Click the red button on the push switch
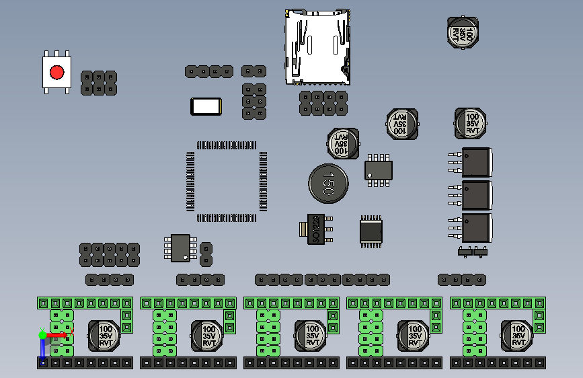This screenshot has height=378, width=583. [x=56, y=73]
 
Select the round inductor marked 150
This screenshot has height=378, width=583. [x=329, y=183]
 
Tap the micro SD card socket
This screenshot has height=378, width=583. [x=317, y=47]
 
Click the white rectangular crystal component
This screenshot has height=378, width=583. [x=206, y=106]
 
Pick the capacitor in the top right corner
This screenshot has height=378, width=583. [x=464, y=32]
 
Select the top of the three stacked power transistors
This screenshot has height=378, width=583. [x=475, y=162]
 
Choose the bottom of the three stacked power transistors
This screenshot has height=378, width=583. [x=475, y=227]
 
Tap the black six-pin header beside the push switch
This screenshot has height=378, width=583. [x=98, y=83]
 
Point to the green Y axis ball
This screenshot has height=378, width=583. [x=42, y=334]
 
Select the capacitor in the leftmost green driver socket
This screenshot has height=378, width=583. [x=105, y=335]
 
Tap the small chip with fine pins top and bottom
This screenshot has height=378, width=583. [x=371, y=231]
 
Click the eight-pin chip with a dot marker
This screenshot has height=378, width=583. [x=180, y=247]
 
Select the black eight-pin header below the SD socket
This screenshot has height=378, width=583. [x=323, y=103]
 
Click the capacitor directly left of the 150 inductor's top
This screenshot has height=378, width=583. [x=342, y=143]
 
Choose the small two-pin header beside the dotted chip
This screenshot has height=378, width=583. [x=206, y=254]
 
